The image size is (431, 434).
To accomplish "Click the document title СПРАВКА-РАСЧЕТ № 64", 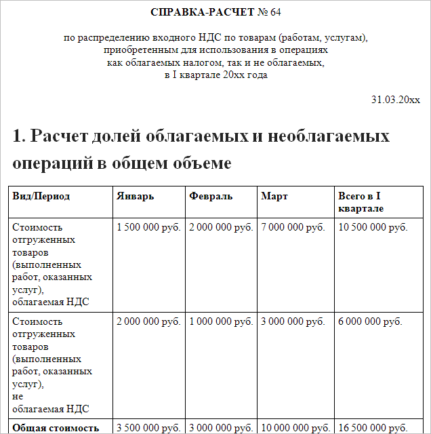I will (215, 12).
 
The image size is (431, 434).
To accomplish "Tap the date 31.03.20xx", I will (395, 100).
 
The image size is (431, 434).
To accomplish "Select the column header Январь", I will (136, 197).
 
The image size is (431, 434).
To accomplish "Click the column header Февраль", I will (211, 197).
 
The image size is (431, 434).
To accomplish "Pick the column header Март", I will (274, 197).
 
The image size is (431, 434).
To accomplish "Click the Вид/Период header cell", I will (41, 197).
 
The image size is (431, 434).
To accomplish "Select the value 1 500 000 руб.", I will (149, 227).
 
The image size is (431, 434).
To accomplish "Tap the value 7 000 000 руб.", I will (293, 227).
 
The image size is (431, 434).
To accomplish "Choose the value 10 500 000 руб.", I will (373, 227).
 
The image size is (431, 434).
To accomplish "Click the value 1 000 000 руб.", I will (221, 321).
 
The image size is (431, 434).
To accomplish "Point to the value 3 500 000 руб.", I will (149, 428).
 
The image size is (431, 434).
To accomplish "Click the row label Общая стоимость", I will (56, 428).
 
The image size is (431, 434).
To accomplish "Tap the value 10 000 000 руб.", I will (295, 428).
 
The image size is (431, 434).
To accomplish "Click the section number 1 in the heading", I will (18, 136).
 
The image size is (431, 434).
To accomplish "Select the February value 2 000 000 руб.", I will (221, 227).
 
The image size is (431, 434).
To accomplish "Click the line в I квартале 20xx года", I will (215, 75).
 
